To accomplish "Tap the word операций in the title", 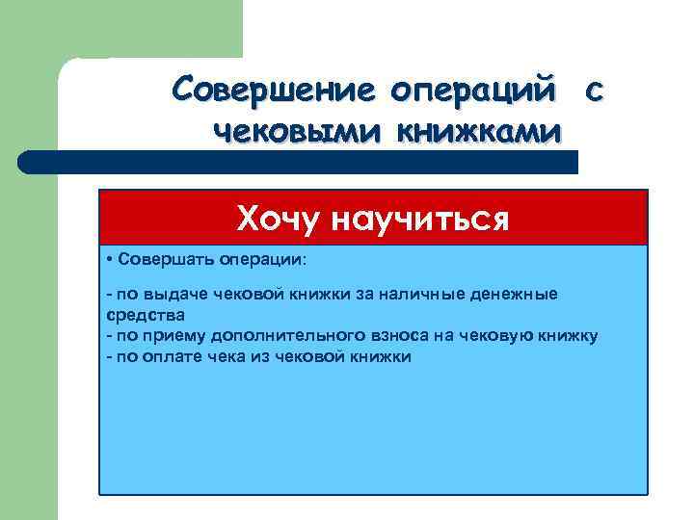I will tap(473, 92).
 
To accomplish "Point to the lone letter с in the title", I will tap(595, 92).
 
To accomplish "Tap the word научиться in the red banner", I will tap(421, 220).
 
